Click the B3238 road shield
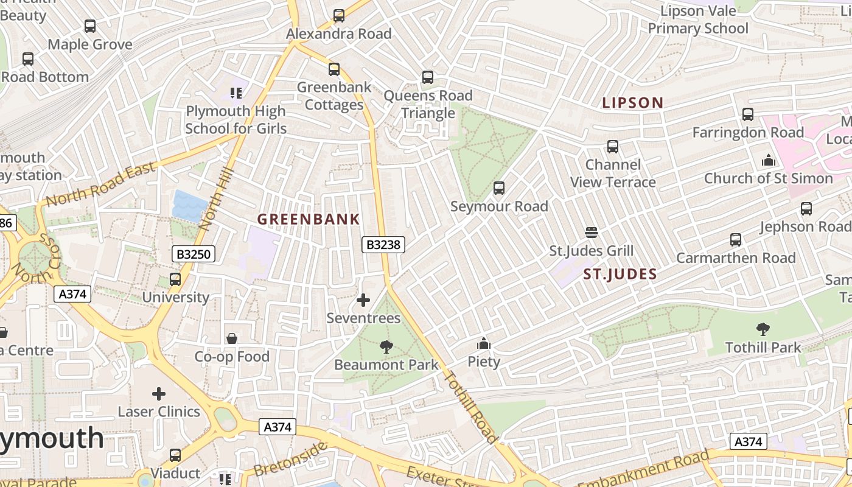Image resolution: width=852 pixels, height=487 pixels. pyautogui.click(x=383, y=245)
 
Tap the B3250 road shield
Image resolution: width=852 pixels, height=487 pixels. pyautogui.click(x=194, y=254)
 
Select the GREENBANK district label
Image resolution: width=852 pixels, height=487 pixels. pyautogui.click(x=309, y=219)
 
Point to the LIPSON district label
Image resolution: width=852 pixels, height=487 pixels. pyautogui.click(x=632, y=103)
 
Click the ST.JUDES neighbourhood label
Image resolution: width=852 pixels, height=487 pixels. pyautogui.click(x=620, y=275)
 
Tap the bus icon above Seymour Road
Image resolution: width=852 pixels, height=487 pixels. pyautogui.click(x=499, y=188)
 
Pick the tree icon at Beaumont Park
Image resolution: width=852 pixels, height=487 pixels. pyautogui.click(x=386, y=347)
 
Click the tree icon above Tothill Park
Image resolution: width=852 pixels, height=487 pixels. pyautogui.click(x=763, y=330)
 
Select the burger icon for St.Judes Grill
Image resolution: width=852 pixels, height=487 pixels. pyautogui.click(x=592, y=233)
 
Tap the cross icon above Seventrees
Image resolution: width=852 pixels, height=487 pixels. pyautogui.click(x=363, y=300)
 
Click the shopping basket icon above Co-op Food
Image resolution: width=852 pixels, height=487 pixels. pyautogui.click(x=232, y=338)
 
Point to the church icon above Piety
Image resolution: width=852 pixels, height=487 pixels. pyautogui.click(x=484, y=344)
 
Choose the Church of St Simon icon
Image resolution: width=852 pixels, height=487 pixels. pyautogui.click(x=769, y=161)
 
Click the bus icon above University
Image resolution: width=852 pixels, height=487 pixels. pyautogui.click(x=175, y=279)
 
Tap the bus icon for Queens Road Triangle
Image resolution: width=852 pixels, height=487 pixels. pyautogui.click(x=428, y=77)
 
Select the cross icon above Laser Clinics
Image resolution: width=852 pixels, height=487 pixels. pyautogui.click(x=159, y=394)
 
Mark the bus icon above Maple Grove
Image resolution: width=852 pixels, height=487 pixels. pyautogui.click(x=90, y=26)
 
